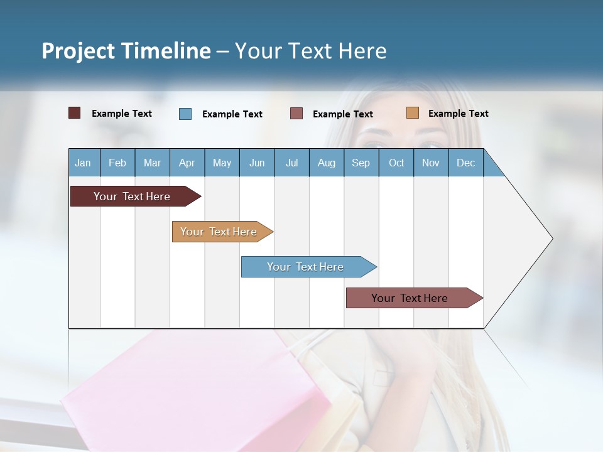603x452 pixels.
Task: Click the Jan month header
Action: click(x=83, y=163)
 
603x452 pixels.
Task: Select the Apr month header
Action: click(x=187, y=163)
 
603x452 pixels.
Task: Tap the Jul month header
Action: click(x=291, y=163)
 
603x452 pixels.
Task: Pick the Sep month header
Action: click(x=361, y=163)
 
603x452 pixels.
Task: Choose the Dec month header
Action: click(x=465, y=163)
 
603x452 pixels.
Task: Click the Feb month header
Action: click(x=117, y=163)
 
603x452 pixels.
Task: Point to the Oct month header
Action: click(x=396, y=163)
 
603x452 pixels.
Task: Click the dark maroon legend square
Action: click(x=75, y=113)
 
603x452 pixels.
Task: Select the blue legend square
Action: click(x=185, y=114)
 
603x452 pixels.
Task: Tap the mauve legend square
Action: click(x=296, y=113)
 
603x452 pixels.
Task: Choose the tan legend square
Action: click(x=412, y=113)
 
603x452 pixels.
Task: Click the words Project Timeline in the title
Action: click(x=126, y=51)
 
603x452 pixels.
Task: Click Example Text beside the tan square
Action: click(x=458, y=114)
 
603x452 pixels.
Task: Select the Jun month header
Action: click(x=257, y=163)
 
